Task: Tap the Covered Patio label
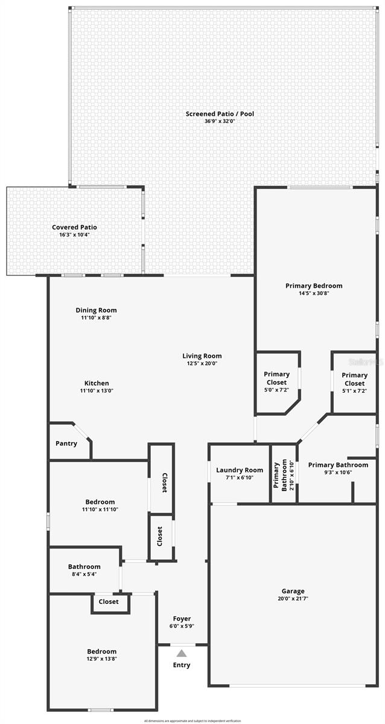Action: click(x=74, y=227)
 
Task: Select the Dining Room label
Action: click(x=96, y=310)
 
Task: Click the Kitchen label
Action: click(x=97, y=383)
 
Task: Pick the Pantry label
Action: click(x=66, y=443)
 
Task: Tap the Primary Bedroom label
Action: click(x=314, y=286)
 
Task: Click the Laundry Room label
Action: click(x=240, y=470)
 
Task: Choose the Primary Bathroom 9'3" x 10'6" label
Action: click(x=338, y=465)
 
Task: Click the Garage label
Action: click(x=293, y=591)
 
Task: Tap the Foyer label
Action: click(x=182, y=618)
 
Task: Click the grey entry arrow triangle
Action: click(x=182, y=653)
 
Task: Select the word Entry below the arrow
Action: click(x=182, y=665)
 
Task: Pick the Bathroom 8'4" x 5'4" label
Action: click(x=84, y=567)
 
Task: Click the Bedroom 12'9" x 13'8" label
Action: click(x=101, y=652)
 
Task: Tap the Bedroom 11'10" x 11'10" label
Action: click(x=100, y=502)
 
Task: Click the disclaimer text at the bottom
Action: click(x=192, y=720)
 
